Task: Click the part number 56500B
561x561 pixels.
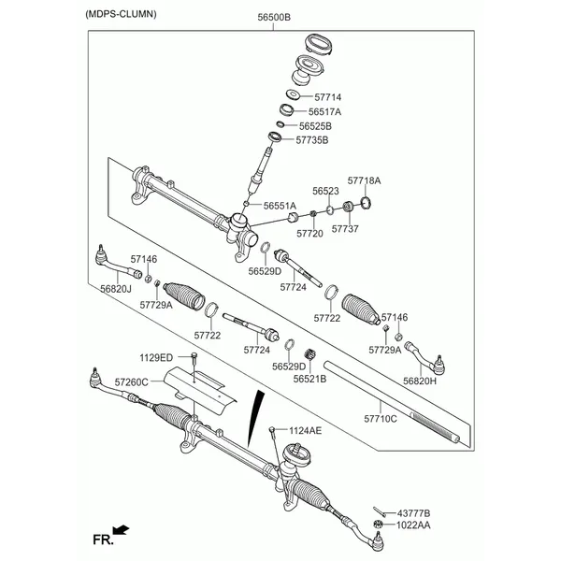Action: click(275, 18)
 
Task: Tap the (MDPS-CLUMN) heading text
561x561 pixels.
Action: click(121, 15)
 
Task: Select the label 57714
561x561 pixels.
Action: click(328, 96)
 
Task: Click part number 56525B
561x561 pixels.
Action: click(315, 125)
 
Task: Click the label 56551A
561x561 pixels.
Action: click(279, 205)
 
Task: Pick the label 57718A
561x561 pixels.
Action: click(364, 180)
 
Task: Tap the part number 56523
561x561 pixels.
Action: click(325, 191)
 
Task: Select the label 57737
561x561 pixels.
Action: click(345, 228)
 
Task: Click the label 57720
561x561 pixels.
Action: click(309, 233)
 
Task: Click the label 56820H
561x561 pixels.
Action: click(420, 381)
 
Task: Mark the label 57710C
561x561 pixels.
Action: click(381, 419)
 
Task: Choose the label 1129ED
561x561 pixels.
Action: click(156, 357)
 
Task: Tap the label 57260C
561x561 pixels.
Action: click(132, 382)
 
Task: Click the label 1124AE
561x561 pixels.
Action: click(304, 430)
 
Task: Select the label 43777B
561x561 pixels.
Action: click(413, 513)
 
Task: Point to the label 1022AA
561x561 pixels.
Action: click(413, 525)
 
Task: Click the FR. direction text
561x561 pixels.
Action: click(101, 538)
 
